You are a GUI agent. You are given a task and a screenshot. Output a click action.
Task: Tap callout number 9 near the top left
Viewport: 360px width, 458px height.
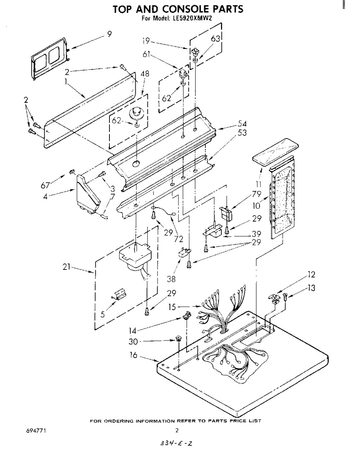tap(109, 34)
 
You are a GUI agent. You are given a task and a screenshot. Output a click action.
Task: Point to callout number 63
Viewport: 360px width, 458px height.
tap(215, 39)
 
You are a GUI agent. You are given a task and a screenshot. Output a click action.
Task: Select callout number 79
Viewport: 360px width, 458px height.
tap(256, 194)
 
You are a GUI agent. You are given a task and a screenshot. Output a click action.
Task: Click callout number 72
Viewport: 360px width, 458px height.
tap(179, 239)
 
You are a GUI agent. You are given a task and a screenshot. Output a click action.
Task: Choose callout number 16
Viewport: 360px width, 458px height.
tap(134, 355)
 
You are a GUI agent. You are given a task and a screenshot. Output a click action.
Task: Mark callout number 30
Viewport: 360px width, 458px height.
tap(133, 341)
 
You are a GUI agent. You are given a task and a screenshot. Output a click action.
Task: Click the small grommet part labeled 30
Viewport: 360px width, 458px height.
tap(179, 339)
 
